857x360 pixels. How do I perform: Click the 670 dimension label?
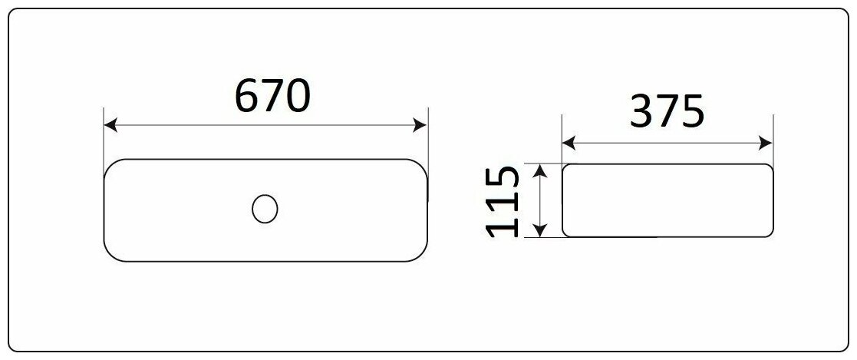272,96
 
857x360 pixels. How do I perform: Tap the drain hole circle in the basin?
265,209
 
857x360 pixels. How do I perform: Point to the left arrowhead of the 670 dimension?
110,126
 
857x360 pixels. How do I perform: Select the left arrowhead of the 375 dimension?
569,143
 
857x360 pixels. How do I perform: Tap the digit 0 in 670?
298,96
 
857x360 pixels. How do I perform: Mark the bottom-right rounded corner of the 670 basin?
421,256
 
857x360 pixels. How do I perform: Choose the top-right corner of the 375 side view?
769,167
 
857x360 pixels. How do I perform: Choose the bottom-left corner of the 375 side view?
565,233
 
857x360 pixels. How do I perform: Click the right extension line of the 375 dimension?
773,138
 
